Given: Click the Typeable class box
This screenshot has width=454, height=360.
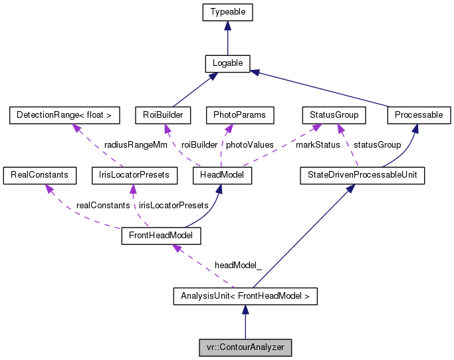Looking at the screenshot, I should click(227, 12).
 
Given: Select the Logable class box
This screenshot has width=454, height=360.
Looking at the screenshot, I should click(227, 63).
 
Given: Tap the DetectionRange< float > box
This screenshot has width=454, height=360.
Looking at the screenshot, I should click(64, 115).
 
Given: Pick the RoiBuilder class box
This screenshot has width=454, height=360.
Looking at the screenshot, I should click(163, 115).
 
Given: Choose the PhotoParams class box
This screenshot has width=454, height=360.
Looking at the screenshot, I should click(240, 115).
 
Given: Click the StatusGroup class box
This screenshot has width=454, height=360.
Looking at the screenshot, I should click(334, 115).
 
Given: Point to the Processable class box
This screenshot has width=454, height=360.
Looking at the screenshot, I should click(418, 115).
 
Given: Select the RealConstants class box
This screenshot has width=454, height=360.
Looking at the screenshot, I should click(36, 175).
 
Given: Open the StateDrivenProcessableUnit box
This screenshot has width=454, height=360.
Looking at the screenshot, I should click(362, 175).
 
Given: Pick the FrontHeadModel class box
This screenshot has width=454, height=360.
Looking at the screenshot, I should click(160, 236).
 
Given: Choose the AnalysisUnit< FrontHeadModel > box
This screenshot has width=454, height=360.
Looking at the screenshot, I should click(245, 295).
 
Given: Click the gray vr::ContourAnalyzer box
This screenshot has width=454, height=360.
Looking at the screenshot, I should click(245, 347).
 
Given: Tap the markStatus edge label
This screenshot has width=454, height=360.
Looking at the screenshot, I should click(318, 144).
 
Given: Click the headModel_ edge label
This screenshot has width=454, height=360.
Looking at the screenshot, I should click(237, 265).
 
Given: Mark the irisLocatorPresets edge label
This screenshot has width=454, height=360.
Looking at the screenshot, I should click(173, 205).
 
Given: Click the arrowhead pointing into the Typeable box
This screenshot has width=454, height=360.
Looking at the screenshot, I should click(227, 25).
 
